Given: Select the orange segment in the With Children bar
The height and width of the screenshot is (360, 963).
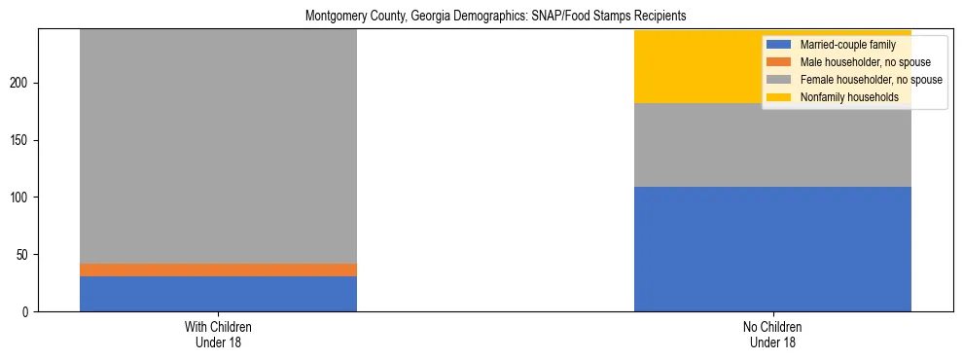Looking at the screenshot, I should point(218,270).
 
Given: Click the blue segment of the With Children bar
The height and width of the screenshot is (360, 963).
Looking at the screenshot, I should point(218,294).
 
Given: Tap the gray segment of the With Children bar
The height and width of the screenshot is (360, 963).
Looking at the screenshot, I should point(218,146).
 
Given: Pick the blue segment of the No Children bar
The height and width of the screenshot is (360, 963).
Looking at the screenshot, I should point(772,249).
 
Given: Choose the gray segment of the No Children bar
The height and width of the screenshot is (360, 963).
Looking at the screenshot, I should point(772,145).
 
